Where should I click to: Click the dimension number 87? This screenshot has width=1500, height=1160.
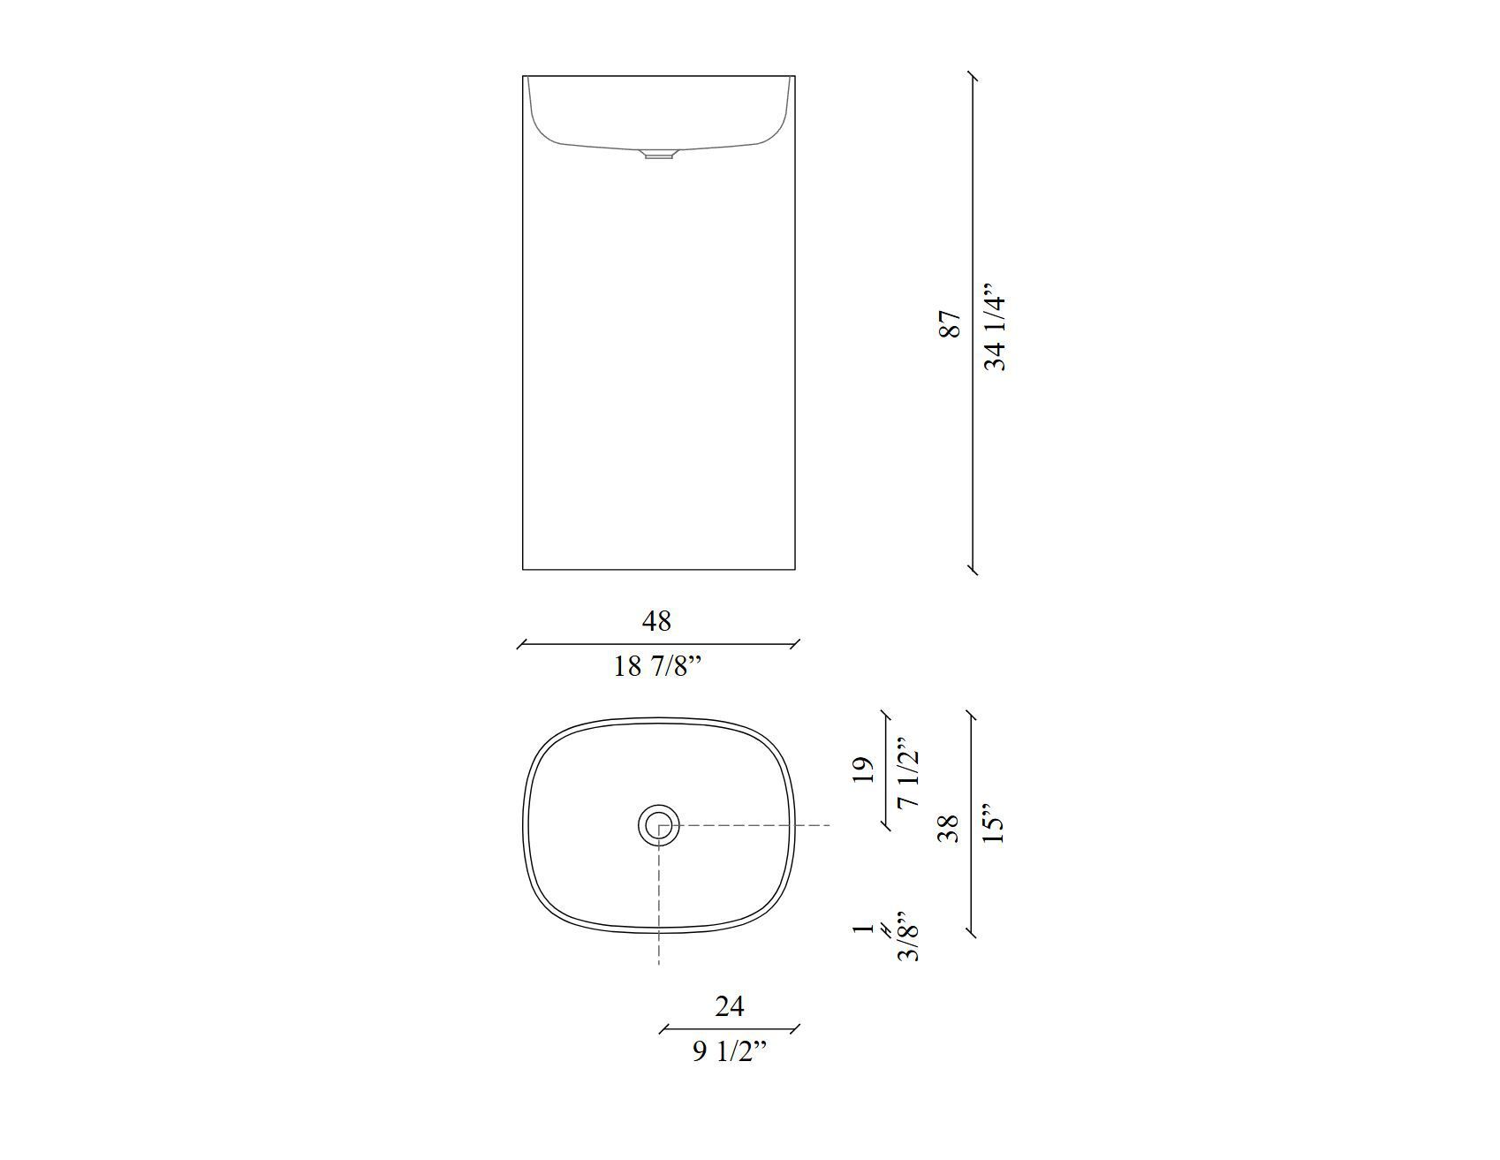click(949, 323)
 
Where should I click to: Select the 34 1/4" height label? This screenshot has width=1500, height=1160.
click(994, 328)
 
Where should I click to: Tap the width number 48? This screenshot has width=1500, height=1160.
click(656, 621)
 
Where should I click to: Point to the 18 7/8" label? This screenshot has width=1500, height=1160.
click(657, 666)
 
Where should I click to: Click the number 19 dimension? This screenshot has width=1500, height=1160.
click(865, 769)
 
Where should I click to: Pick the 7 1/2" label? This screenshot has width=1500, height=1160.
click(907, 774)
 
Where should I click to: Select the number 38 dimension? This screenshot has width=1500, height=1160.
click(949, 828)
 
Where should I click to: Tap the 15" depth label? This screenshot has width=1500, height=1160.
click(994, 823)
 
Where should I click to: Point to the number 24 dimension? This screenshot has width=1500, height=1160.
click(730, 1005)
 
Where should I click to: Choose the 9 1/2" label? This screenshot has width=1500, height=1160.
click(730, 1051)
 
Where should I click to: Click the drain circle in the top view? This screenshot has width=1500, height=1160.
click(659, 825)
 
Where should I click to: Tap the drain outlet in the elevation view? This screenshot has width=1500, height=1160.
click(658, 156)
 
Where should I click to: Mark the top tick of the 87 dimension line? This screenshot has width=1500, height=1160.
click(973, 77)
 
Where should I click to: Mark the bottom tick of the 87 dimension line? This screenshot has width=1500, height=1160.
click(973, 570)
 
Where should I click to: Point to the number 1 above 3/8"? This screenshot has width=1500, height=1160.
click(864, 929)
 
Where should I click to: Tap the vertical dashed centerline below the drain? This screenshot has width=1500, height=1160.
click(659, 910)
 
